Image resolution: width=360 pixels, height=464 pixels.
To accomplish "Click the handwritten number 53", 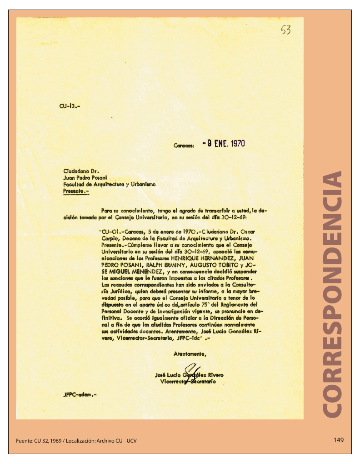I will (x=285, y=30).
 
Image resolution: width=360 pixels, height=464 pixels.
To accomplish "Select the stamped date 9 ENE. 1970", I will (x=226, y=144).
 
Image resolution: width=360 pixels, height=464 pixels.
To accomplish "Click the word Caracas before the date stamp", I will (x=184, y=146).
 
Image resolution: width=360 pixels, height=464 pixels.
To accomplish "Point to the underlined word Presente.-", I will (x=76, y=192).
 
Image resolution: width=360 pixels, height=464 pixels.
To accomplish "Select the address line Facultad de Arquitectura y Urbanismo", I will (x=109, y=185).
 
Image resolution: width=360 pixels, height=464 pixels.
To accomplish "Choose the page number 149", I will (x=338, y=440).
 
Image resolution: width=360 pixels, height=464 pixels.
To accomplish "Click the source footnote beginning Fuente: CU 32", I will (x=76, y=441).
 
